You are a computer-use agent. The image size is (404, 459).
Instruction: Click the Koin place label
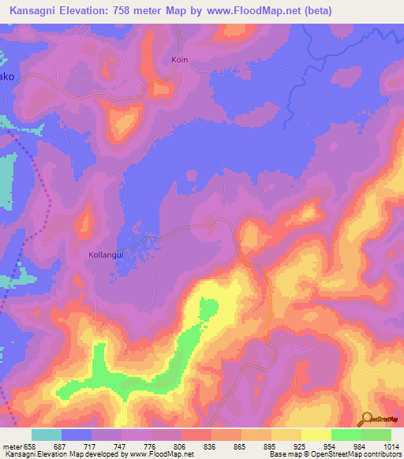tap(180, 60)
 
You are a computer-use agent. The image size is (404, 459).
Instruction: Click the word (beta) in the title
tap(313, 11)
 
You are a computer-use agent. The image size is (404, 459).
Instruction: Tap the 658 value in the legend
tap(30, 446)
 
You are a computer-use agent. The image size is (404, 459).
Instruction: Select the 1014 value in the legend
tap(390, 446)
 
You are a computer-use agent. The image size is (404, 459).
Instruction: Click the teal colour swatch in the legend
tap(47, 435)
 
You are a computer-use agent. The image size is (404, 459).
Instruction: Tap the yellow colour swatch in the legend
tap(316, 435)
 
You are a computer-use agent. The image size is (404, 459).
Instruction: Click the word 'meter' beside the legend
tap(12, 446)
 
